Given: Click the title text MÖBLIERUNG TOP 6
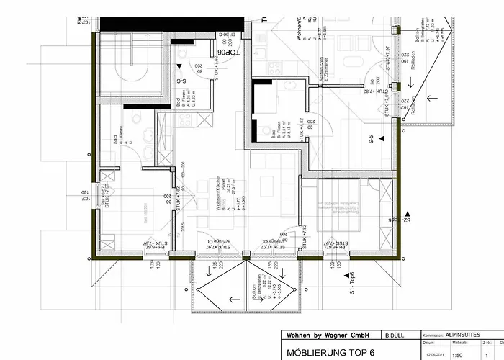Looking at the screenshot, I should [330, 351].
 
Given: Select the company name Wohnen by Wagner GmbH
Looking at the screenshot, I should [328, 336].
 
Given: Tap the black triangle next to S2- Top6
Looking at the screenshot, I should [408, 215].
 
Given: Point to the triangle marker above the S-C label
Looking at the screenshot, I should [179, 66].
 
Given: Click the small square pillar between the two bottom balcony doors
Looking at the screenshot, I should [246, 255].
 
